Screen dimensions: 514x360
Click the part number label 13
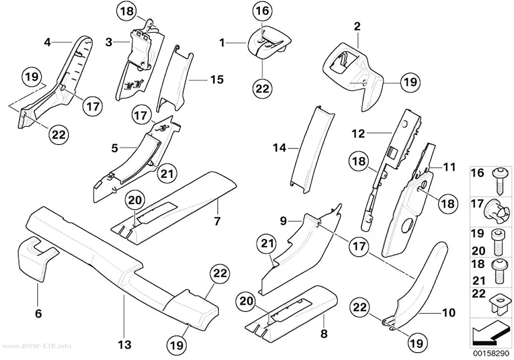pyautogui.click(x=124, y=345)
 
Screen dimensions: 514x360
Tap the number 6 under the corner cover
pyautogui.click(x=38, y=313)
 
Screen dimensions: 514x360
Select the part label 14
pyautogui.click(x=280, y=148)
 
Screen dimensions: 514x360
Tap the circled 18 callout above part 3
pyautogui.click(x=126, y=11)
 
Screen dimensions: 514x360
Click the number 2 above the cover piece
pyautogui.click(x=357, y=26)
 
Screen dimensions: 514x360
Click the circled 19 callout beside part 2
pyautogui.click(x=410, y=82)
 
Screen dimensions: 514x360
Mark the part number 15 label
pyautogui.click(x=217, y=79)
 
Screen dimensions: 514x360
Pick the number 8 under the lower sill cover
pyautogui.click(x=324, y=334)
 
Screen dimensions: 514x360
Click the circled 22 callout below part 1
pyautogui.click(x=262, y=88)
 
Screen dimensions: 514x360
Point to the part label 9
pyautogui.click(x=283, y=221)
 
